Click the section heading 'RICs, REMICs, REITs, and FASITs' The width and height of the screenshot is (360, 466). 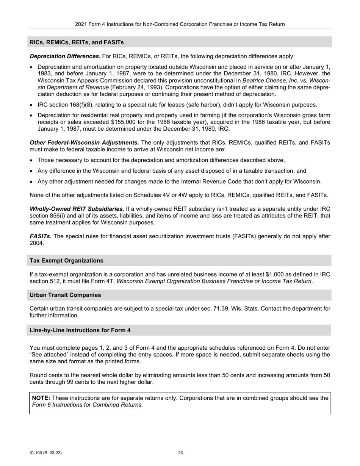[x=77, y=42]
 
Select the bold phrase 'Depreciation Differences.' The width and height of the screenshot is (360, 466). [x=65, y=56]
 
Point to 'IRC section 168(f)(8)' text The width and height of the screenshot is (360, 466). [x=65, y=105]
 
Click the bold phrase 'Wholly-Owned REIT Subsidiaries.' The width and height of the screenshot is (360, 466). [x=77, y=209]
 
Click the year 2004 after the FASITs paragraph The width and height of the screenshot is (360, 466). [x=36, y=244]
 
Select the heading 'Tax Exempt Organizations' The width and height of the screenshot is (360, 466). [x=66, y=261]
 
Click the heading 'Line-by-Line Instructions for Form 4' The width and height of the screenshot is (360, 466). [x=80, y=330]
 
